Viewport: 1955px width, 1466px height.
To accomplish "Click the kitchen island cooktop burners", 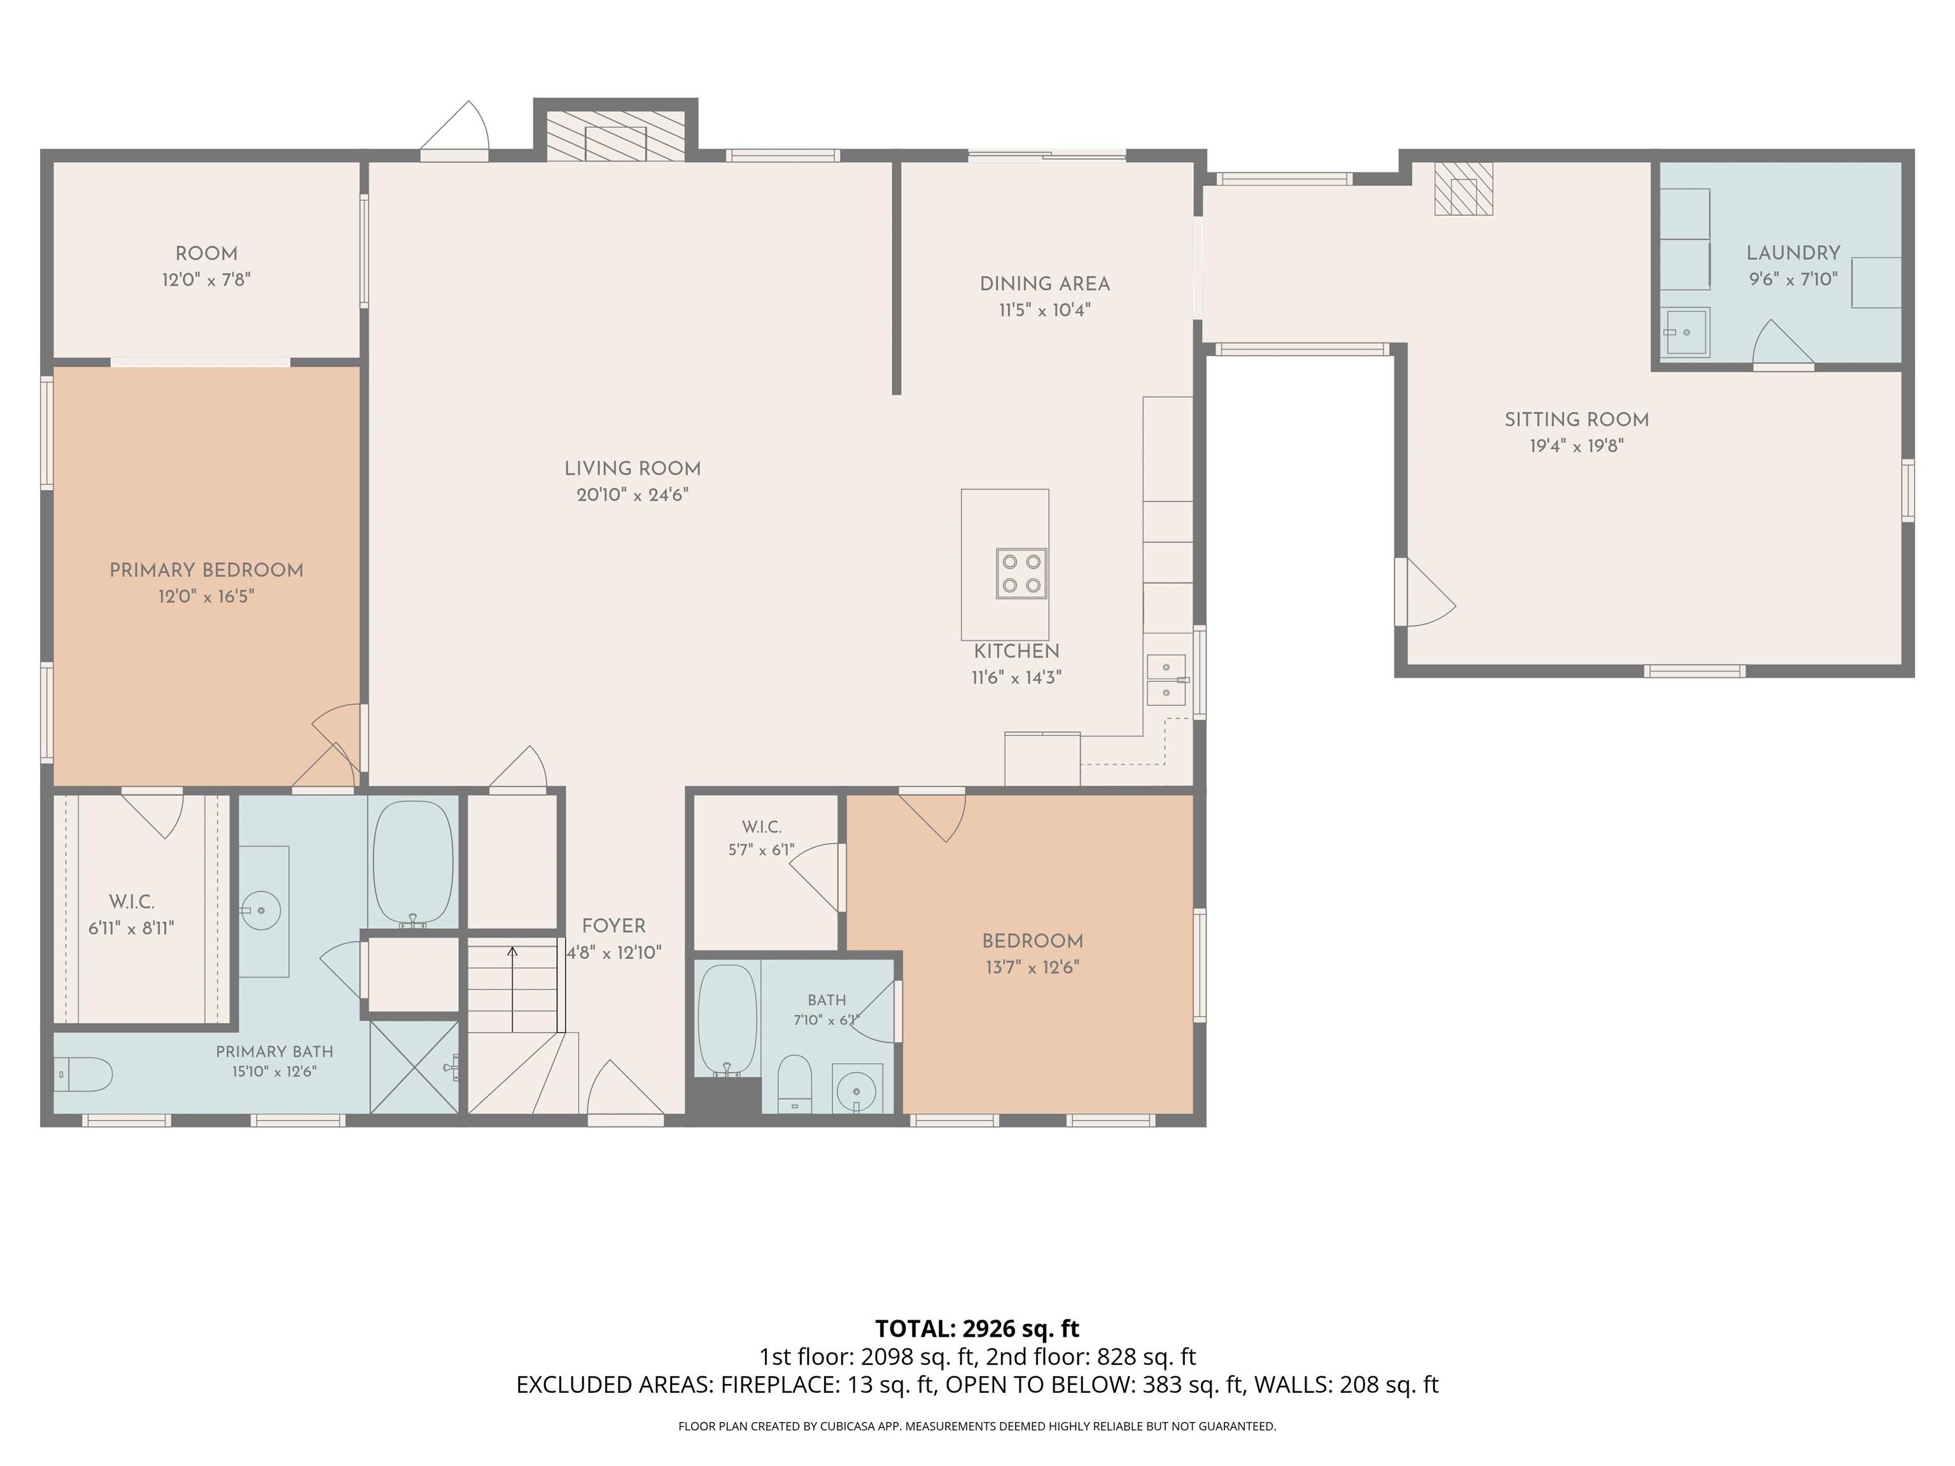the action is pyautogui.click(x=1021, y=573).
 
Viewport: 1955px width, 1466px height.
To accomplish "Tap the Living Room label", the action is pyautogui.click(x=633, y=469).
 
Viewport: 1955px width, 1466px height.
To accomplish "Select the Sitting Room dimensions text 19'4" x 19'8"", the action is pyautogui.click(x=1577, y=446).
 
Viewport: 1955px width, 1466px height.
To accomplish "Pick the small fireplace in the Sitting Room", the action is pyautogui.click(x=1464, y=189).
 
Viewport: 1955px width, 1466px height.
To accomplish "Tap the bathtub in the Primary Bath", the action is pyautogui.click(x=413, y=865).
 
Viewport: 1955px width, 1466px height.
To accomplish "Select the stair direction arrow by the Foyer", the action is pyautogui.click(x=512, y=989).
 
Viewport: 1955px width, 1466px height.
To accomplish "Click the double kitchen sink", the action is pyautogui.click(x=1167, y=680).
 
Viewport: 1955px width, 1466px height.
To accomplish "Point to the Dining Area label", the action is pyautogui.click(x=1045, y=284).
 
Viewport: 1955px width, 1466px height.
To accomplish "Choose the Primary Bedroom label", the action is pyautogui.click(x=207, y=571).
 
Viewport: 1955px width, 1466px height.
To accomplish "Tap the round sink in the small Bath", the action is pyautogui.click(x=857, y=1089).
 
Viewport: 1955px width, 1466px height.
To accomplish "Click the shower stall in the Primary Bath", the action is pyautogui.click(x=414, y=1066).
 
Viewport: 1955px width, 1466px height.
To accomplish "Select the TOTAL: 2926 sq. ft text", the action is pyautogui.click(x=977, y=1328).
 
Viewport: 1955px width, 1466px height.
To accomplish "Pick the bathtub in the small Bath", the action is pyautogui.click(x=727, y=1020).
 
